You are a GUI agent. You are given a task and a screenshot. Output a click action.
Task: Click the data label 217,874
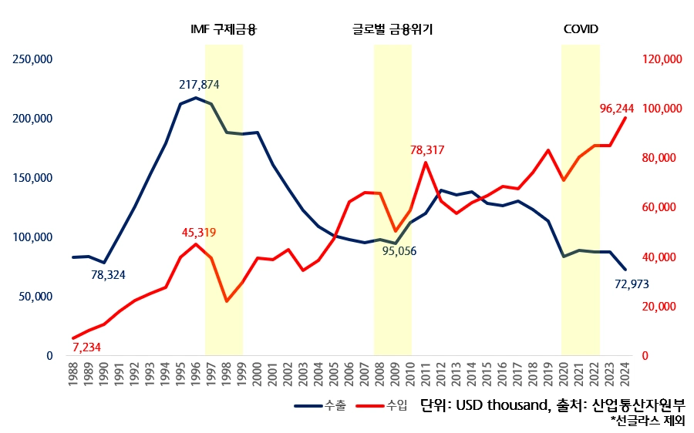[x=200, y=84]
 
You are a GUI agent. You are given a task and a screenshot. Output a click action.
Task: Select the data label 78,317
[x=426, y=149]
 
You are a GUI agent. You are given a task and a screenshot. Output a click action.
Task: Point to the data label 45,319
[x=199, y=232]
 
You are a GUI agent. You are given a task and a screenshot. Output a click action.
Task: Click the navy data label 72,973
[x=631, y=284]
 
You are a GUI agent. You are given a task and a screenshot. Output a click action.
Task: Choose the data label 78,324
[x=108, y=274]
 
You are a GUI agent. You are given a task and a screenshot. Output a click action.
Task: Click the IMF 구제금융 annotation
[x=223, y=30]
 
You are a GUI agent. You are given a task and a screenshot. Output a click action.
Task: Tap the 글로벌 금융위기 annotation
[x=392, y=30]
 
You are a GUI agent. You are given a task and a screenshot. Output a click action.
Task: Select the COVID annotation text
[x=581, y=30]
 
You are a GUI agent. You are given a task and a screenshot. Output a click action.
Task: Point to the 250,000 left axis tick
[x=30, y=59]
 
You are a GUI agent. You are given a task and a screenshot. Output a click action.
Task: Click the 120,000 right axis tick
[x=662, y=59]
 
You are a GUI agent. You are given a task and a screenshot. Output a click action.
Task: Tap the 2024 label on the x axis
[x=625, y=378]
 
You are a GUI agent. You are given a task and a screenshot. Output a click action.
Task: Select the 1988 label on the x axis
[x=74, y=378]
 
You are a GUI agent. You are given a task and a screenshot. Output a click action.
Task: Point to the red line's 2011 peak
[x=426, y=163]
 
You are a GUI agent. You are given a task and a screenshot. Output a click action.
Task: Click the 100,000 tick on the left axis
[x=30, y=237]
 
